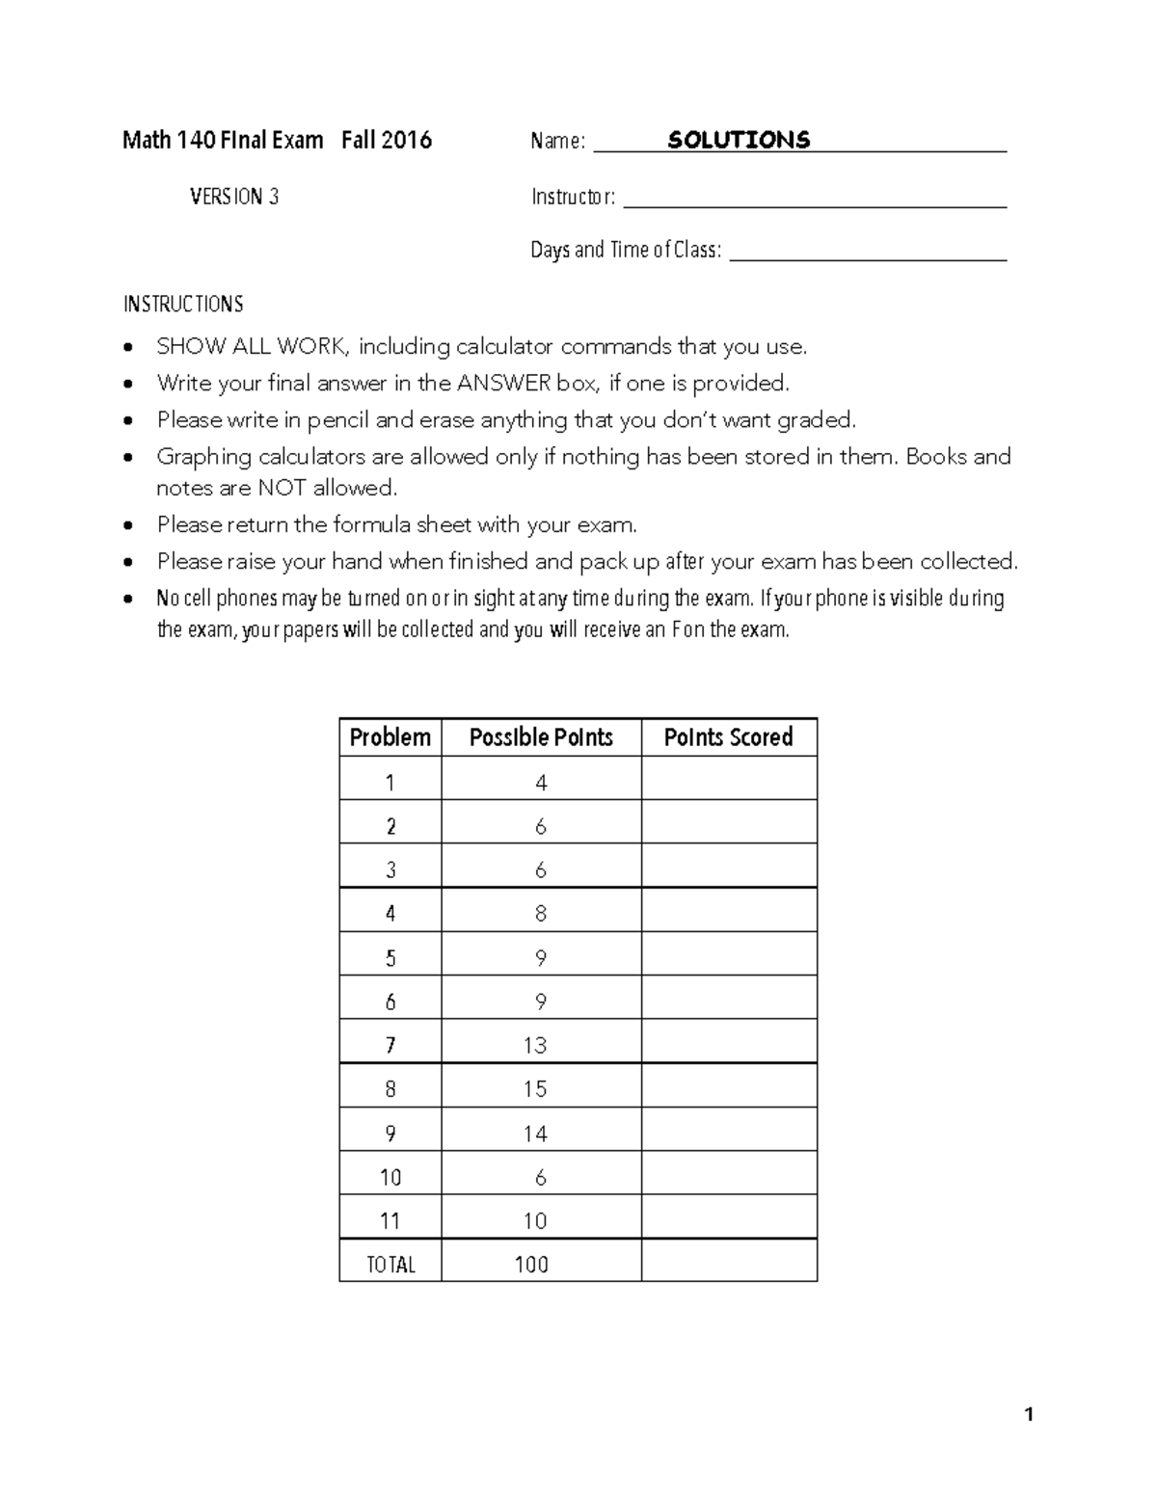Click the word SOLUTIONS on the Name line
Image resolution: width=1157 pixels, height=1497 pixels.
pyautogui.click(x=739, y=141)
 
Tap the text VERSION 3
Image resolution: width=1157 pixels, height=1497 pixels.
pyautogui.click(x=234, y=197)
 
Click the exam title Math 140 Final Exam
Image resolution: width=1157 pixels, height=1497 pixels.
pyautogui.click(x=223, y=141)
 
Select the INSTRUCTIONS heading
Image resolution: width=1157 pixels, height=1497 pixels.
pyautogui.click(x=183, y=305)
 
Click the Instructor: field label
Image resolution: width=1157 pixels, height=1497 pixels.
pyautogui.click(x=573, y=197)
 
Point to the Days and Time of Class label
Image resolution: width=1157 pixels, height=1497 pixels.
pyautogui.click(x=626, y=251)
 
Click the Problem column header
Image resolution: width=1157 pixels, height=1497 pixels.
pyautogui.click(x=390, y=737)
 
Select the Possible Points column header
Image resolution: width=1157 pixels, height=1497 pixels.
pyautogui.click(x=541, y=737)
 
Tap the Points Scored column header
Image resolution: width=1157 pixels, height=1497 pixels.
pyautogui.click(x=728, y=737)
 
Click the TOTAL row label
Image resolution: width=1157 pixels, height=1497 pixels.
pyautogui.click(x=390, y=1265)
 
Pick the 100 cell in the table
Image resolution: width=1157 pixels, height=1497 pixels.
pyautogui.click(x=531, y=1265)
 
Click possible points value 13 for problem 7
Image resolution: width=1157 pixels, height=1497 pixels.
pyautogui.click(x=535, y=1045)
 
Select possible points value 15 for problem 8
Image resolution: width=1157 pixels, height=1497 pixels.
pyautogui.click(x=535, y=1089)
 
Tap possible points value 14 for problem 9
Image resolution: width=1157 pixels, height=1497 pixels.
pyautogui.click(x=535, y=1134)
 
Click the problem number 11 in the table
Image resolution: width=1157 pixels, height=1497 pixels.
pyautogui.click(x=390, y=1221)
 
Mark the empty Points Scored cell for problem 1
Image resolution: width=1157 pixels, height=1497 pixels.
pyautogui.click(x=729, y=782)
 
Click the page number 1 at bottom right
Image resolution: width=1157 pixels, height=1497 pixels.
pyautogui.click(x=1029, y=1415)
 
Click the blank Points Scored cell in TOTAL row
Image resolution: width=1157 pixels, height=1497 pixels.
pyautogui.click(x=729, y=1261)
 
